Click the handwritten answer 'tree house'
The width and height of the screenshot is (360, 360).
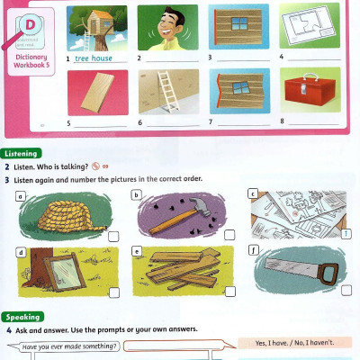95,58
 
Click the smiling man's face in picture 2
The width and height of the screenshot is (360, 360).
163,23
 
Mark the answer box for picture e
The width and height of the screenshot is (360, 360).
229,292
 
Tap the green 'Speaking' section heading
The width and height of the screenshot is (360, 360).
22,318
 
